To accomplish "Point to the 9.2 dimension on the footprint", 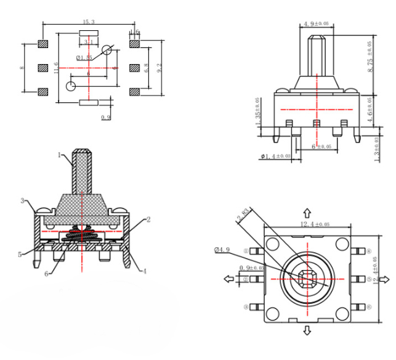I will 160,68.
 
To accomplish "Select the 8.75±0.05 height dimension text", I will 370,57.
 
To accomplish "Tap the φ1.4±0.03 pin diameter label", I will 275,156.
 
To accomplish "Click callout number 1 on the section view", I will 60,155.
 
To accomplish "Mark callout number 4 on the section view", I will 145,271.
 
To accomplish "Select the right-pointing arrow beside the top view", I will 386,279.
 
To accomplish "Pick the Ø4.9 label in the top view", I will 222,249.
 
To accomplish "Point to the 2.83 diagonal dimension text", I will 244,218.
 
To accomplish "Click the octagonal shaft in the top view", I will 306,279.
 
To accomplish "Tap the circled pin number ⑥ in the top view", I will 370,306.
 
